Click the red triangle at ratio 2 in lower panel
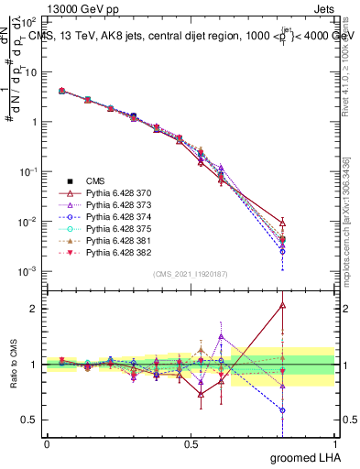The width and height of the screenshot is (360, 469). point(283,306)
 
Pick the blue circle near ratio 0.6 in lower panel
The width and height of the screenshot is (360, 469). point(283,410)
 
